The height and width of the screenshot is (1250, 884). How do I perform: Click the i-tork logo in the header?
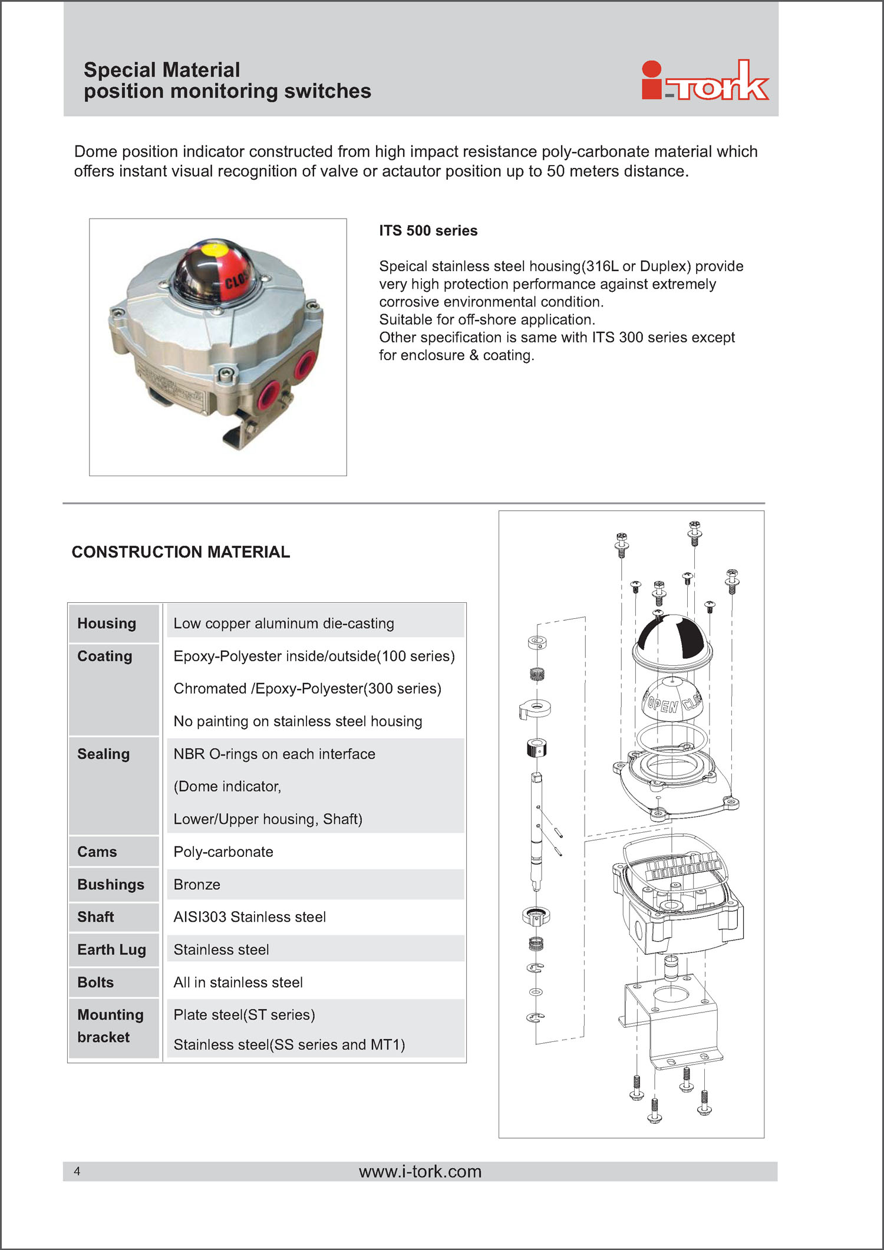(705, 81)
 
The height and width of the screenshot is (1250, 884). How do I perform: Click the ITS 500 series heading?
(428, 230)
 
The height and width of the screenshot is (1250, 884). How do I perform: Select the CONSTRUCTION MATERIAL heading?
(181, 552)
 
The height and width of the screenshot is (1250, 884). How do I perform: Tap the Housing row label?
(107, 624)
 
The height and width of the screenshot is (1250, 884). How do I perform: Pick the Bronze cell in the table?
(197, 885)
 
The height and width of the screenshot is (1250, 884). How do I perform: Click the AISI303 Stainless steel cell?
(249, 917)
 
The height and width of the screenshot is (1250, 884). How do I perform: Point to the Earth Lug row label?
(111, 949)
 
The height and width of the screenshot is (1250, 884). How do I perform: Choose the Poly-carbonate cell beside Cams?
(223, 852)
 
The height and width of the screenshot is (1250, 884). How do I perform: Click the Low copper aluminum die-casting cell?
(283, 624)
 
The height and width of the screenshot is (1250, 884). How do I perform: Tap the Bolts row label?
(95, 982)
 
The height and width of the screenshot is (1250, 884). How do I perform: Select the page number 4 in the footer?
(77, 1171)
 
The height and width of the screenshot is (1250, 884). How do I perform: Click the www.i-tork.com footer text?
(420, 1171)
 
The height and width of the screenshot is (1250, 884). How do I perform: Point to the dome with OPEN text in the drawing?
(671, 700)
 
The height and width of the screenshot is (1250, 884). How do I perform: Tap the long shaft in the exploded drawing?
(536, 831)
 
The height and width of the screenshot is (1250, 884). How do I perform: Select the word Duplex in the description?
(665, 266)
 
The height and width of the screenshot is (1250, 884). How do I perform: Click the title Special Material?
(161, 70)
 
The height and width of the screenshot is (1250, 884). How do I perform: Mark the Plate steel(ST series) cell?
(244, 1015)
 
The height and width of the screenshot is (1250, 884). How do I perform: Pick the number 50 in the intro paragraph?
(556, 171)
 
